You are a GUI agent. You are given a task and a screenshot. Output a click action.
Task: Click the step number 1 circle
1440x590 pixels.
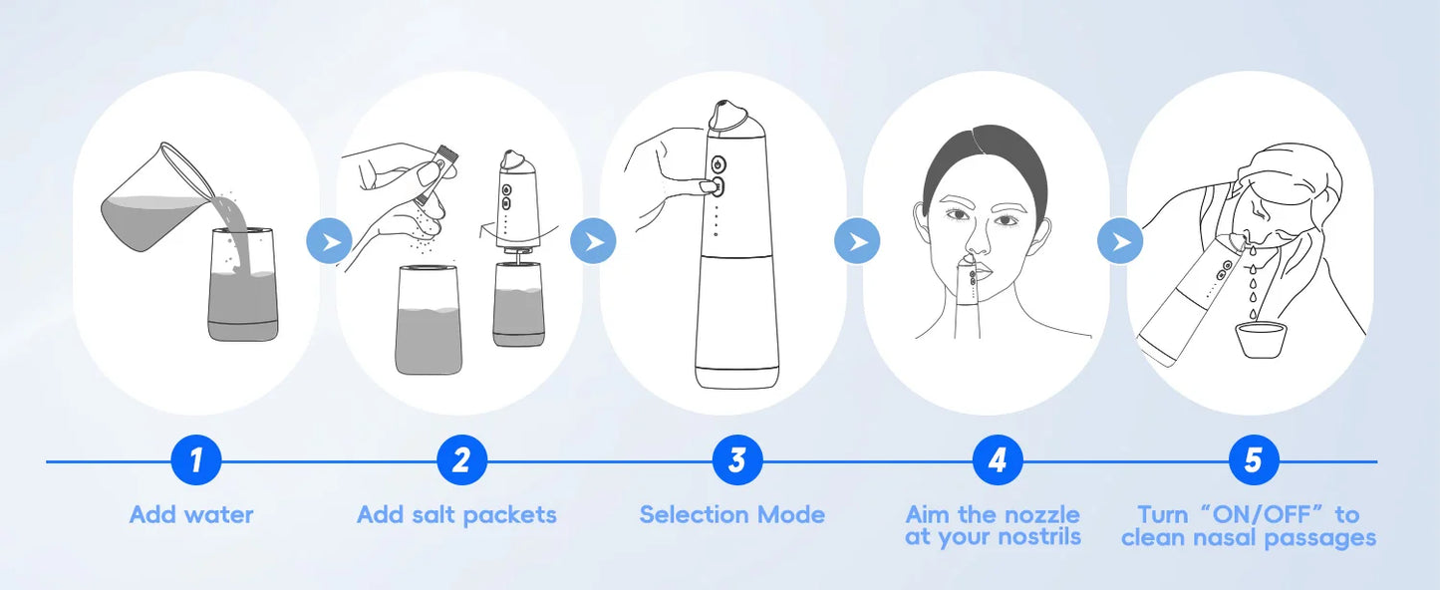click(195, 460)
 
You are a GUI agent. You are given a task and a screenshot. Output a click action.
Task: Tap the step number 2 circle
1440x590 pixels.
click(461, 460)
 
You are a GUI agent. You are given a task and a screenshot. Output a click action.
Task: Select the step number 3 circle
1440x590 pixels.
click(736, 460)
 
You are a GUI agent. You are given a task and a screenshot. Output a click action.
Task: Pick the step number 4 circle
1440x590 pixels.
click(998, 460)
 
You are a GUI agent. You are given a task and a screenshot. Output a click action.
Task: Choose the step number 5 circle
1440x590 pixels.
click(1253, 460)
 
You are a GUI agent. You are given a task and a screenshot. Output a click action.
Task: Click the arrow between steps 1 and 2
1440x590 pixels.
click(329, 241)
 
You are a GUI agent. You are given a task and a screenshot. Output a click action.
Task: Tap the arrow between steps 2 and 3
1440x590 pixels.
click(593, 241)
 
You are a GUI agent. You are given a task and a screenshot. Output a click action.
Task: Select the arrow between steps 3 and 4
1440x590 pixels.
click(857, 241)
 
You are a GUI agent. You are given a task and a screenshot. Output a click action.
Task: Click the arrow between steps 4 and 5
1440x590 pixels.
click(1121, 241)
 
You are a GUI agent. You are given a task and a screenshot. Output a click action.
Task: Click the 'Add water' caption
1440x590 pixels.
click(191, 515)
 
